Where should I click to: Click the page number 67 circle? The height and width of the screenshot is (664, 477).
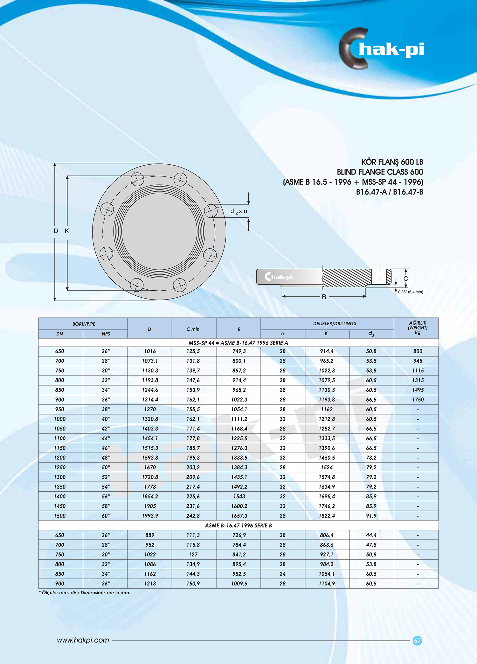point(417,640)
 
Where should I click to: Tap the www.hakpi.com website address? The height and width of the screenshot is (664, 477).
point(83,640)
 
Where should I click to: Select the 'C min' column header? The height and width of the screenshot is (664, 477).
point(193,329)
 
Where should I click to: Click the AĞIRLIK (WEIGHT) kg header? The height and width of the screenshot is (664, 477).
point(418,328)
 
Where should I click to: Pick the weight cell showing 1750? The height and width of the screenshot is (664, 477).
point(418,399)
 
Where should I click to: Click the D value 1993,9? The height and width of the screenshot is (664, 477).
point(150,516)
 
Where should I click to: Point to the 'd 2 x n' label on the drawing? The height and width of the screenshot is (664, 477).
point(238,211)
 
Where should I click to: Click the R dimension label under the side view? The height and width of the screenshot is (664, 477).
point(324,297)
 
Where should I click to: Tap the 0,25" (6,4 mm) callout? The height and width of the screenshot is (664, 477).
point(410,292)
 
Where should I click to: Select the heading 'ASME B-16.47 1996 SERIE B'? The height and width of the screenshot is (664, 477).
point(238,526)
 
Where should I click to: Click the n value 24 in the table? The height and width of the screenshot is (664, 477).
point(282,574)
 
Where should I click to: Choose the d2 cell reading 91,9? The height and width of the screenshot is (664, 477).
point(371,516)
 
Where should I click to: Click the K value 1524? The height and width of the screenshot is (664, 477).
point(327,467)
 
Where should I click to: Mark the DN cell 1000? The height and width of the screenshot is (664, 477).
point(60,419)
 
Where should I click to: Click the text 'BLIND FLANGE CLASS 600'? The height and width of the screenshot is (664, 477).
point(380,172)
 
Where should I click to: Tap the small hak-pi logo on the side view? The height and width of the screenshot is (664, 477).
point(279,277)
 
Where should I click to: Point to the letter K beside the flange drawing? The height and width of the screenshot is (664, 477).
point(67,231)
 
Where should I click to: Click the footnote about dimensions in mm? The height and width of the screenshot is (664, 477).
point(85,593)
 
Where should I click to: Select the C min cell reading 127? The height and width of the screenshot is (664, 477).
point(193,555)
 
